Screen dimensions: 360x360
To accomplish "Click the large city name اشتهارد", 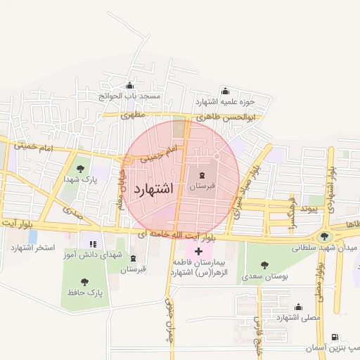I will coord(152,189).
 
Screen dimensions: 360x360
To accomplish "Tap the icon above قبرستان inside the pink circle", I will coord(202,175).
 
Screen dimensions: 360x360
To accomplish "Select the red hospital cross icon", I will coord(199,250).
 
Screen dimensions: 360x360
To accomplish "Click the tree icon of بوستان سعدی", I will coord(264,265).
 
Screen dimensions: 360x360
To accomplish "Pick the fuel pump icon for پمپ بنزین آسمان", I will coord(333,338).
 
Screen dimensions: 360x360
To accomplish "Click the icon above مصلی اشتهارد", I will coord(299,307).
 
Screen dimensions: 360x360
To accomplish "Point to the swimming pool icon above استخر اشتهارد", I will coord(32,236).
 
